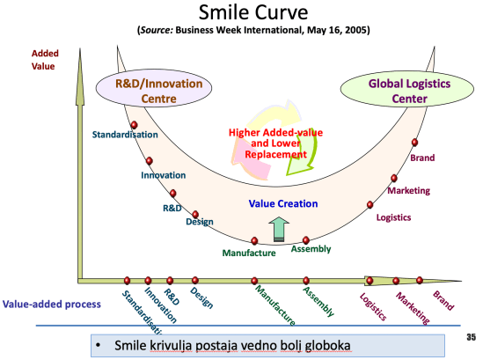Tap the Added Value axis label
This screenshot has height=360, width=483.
point(44,59)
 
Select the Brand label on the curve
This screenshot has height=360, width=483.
point(422,158)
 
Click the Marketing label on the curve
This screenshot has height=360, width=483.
point(409,190)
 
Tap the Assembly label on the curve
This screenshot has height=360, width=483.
point(311,249)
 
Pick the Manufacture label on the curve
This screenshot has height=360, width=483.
point(251,253)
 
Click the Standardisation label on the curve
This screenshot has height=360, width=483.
point(125,135)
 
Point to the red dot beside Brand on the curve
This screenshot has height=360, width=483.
point(414,143)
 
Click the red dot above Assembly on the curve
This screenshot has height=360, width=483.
point(306,239)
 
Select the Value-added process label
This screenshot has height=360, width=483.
point(51,303)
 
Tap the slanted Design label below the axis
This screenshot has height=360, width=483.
point(201,299)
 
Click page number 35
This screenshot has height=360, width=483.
point(470,335)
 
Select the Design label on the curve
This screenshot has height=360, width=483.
point(200,222)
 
